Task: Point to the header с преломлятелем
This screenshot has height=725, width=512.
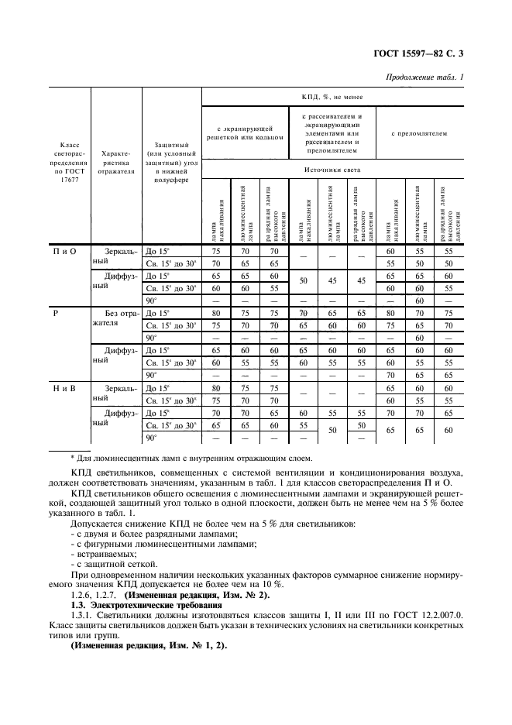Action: tap(419, 133)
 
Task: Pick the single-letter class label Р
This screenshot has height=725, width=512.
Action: tap(56, 314)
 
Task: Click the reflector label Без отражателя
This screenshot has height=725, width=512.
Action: tap(116, 319)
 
